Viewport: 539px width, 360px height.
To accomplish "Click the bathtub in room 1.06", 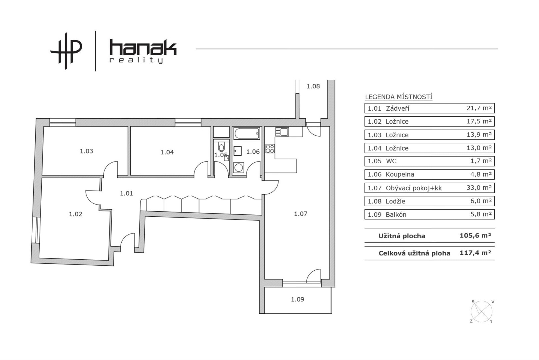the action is [x=247, y=133].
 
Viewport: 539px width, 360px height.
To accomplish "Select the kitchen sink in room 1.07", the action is [x=282, y=132].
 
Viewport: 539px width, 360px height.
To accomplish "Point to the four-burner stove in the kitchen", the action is [x=270, y=149].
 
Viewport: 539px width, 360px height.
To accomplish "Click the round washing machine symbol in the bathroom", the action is [x=239, y=167].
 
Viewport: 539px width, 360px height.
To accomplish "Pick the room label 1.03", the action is [x=86, y=151].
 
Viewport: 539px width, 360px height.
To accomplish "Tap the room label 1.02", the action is [x=76, y=214].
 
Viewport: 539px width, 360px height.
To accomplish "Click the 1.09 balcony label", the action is [x=298, y=299].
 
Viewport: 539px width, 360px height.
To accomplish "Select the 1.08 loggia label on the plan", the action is [x=313, y=86].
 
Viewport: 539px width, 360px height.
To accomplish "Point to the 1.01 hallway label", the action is [x=126, y=193].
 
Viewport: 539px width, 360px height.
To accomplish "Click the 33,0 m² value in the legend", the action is [x=479, y=187].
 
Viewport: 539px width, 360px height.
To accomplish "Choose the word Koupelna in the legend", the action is [x=400, y=174].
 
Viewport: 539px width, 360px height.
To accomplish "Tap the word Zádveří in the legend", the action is [x=397, y=108].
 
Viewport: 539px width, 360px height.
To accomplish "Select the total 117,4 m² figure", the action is [x=475, y=253].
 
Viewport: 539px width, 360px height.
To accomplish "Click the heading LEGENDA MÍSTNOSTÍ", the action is [x=399, y=97].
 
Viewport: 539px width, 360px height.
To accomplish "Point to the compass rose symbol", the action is [x=481, y=311].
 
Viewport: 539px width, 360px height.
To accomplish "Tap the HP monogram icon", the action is [x=66, y=51].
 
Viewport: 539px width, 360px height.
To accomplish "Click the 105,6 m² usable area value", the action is [x=475, y=235].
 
